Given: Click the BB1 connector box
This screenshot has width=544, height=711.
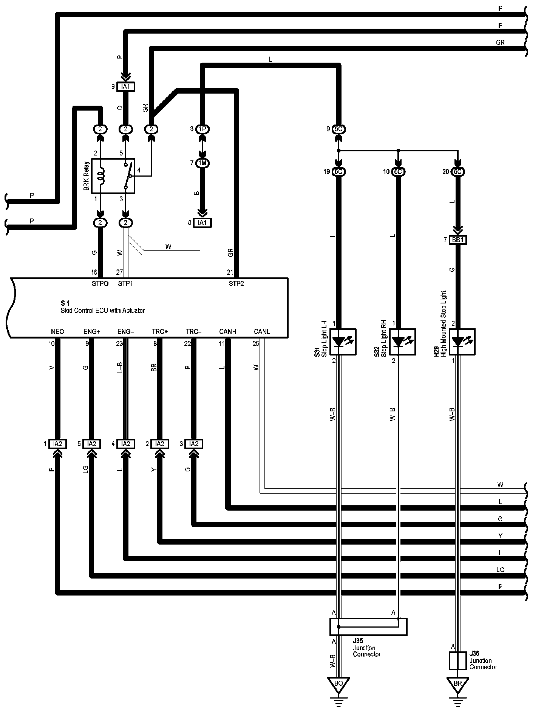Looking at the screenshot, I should [458, 240].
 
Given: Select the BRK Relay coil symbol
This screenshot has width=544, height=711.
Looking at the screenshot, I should [100, 176].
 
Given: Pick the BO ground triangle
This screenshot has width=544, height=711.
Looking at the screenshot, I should [338, 683].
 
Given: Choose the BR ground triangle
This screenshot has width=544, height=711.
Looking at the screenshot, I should [457, 683].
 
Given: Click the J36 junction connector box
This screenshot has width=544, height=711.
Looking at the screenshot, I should [457, 660].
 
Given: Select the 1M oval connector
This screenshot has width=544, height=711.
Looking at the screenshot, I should [203, 163].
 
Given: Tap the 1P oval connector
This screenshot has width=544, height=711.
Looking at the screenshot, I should [203, 129].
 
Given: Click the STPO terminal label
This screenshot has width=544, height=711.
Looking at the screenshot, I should [100, 283].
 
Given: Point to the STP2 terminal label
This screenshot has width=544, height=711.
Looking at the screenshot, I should [236, 283].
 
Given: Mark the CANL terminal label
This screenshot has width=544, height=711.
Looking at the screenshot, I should [262, 332].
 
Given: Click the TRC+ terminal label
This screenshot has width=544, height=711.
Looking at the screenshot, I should [160, 332].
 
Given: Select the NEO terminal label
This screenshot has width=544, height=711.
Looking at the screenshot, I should [57, 332].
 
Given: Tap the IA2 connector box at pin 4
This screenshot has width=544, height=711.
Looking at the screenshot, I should [125, 444].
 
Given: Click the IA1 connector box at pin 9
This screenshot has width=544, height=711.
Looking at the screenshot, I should [125, 87].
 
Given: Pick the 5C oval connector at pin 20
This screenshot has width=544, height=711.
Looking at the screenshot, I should [457, 172].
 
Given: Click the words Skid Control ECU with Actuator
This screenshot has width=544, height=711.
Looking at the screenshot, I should [103, 311].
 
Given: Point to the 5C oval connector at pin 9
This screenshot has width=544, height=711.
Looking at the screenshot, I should [338, 129].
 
